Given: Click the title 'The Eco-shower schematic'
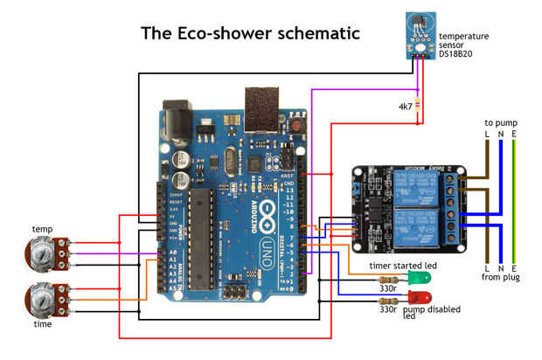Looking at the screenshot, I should click(x=251, y=33).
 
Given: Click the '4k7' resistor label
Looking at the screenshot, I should click(x=405, y=107).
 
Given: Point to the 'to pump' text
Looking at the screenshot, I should click(x=499, y=123).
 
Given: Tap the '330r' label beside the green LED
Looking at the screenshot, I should click(x=387, y=286).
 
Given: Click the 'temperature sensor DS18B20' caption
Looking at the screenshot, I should click(x=463, y=44).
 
